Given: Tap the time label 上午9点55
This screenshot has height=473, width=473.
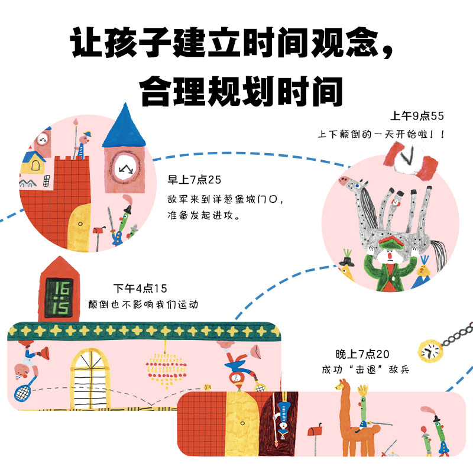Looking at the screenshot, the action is (x=416, y=115).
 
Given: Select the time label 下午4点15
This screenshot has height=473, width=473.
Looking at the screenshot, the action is (x=140, y=289).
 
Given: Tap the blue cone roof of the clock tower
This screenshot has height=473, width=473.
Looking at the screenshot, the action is (x=124, y=127).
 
